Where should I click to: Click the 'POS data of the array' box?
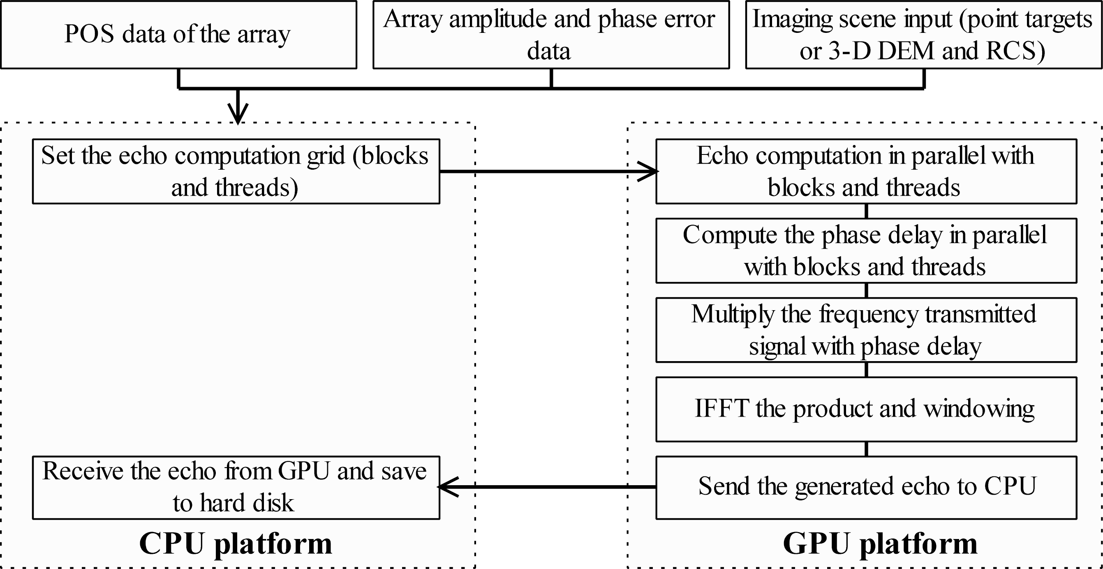point(178,34)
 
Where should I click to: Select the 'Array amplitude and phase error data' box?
point(550,34)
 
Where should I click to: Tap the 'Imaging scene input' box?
point(923,34)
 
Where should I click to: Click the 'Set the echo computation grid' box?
point(236,171)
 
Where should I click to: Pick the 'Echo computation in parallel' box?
point(866,171)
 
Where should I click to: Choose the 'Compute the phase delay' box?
point(866,251)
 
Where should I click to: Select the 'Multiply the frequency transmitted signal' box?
point(866,330)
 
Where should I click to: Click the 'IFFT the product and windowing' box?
point(866,409)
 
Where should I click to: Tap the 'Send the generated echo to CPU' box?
point(866,487)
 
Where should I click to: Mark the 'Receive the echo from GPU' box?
point(236,487)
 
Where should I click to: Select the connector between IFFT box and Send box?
point(866,449)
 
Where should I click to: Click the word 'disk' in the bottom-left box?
point(273,503)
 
